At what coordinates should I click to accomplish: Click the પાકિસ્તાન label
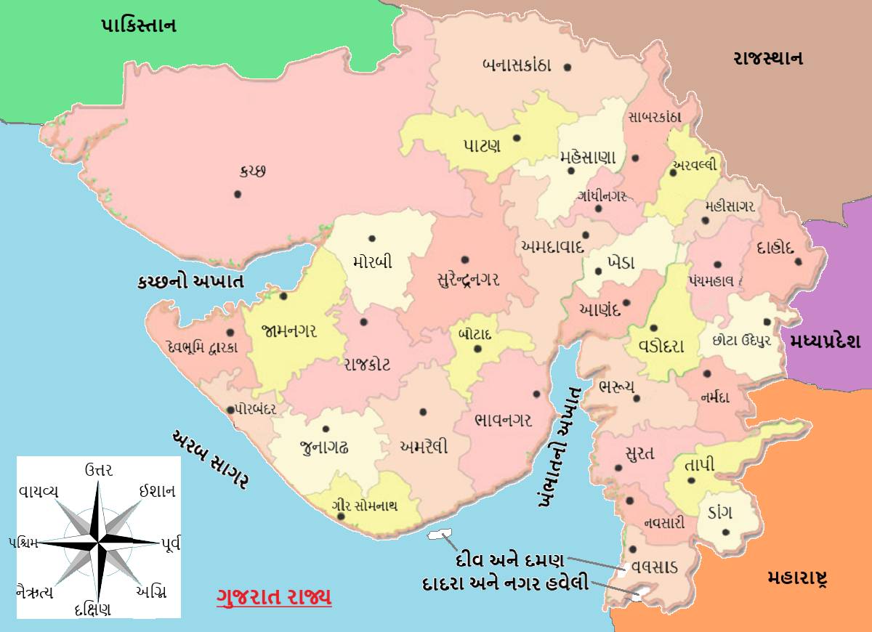[x=138, y=26]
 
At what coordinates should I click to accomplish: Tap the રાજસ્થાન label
[x=767, y=59]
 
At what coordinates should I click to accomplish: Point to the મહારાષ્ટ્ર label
[x=798, y=578]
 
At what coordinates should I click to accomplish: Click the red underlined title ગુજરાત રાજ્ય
[x=274, y=597]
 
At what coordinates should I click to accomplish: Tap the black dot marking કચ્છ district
[x=237, y=194]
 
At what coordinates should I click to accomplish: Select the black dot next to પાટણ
[x=517, y=137]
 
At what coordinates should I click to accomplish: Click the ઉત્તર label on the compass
[x=99, y=469]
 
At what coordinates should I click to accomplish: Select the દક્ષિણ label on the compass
[x=92, y=609]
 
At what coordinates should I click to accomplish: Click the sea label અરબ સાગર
[x=211, y=459]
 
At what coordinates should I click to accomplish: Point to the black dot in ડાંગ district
[x=725, y=532]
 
